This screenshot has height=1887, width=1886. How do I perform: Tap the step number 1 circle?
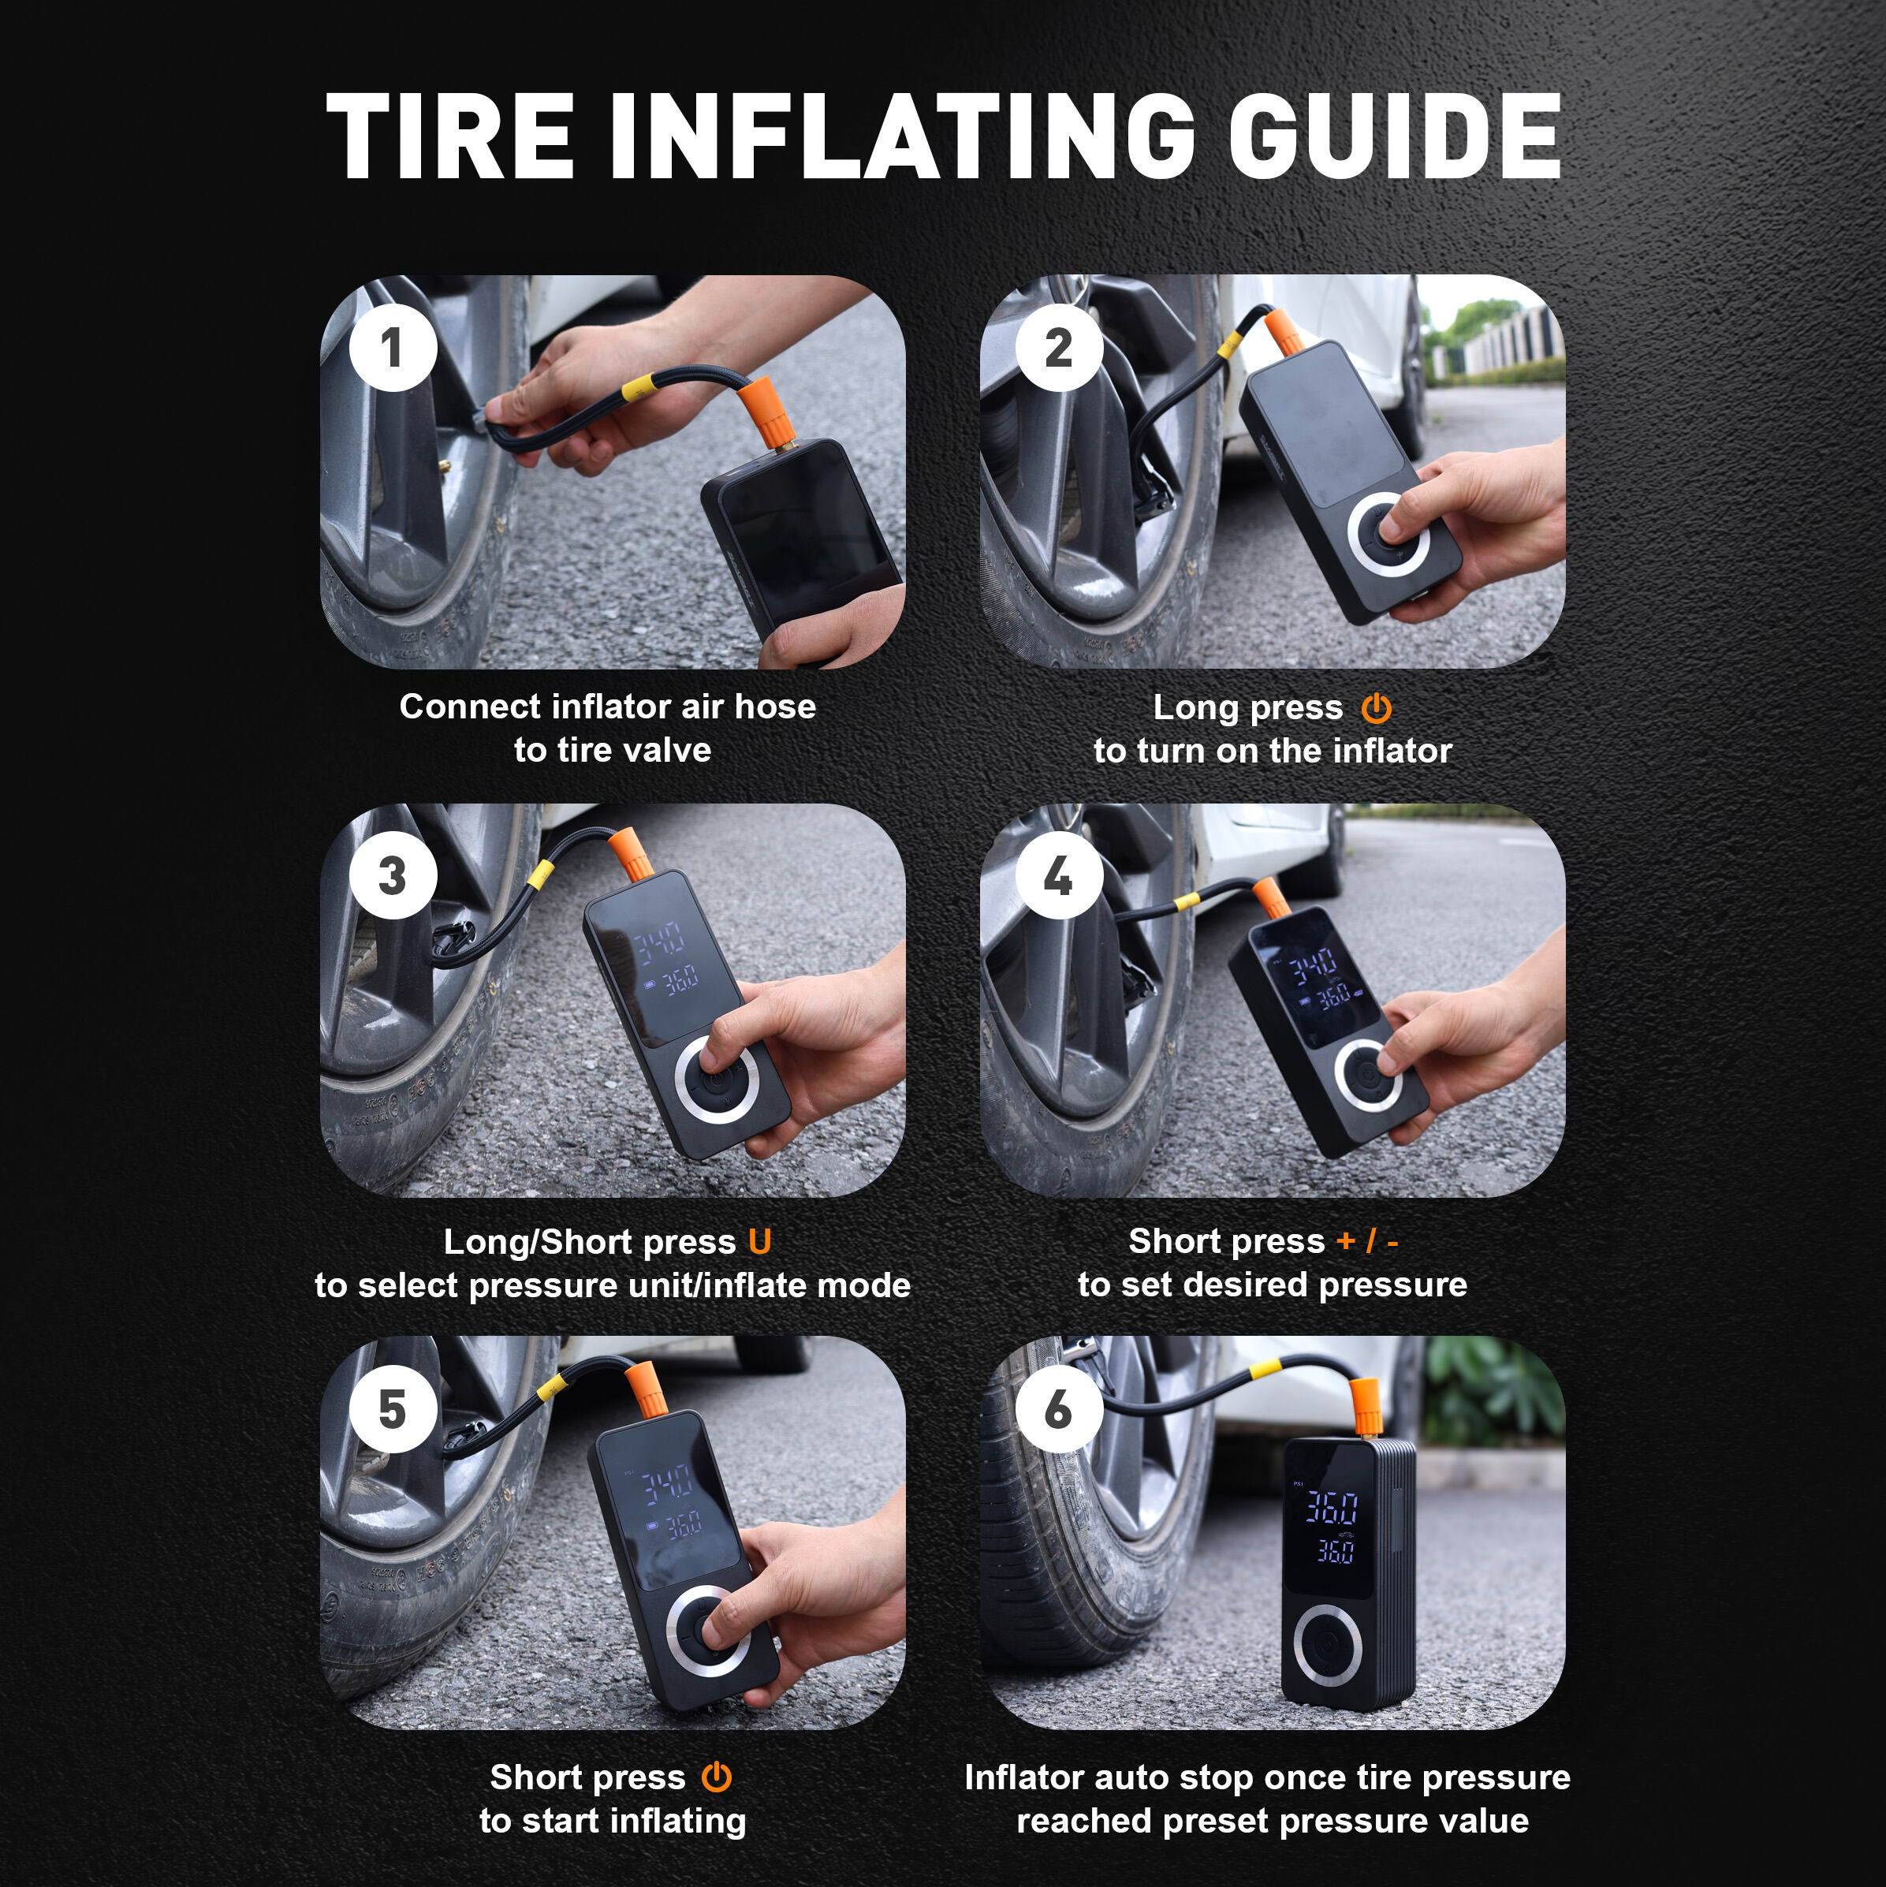[x=393, y=348]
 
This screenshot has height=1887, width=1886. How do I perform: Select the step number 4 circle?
[x=1059, y=877]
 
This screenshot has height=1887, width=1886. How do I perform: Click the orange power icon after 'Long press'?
[x=1376, y=708]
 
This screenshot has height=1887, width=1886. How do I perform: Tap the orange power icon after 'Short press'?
[x=716, y=1777]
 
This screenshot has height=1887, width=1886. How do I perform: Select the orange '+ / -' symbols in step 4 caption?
[x=1367, y=1240]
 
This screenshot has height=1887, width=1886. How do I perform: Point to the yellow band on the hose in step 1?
[x=635, y=386]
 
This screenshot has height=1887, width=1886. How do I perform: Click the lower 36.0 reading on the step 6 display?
[x=1334, y=1551]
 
